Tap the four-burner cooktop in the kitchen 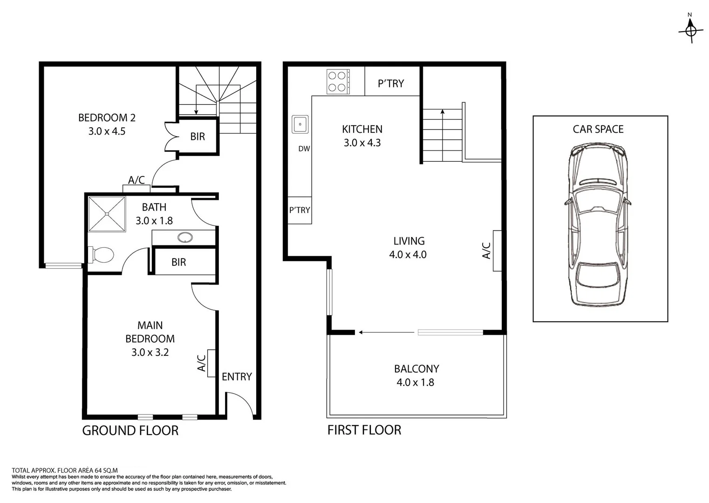[338, 82]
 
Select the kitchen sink [300, 124]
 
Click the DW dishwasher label [304, 149]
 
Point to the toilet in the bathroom [102, 255]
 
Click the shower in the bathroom [107, 214]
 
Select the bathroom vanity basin [185, 238]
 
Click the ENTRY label [237, 377]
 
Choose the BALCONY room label [416, 369]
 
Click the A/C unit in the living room [497, 251]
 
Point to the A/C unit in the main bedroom [211, 363]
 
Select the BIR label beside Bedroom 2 [198, 136]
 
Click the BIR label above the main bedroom [178, 262]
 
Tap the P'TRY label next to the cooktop [391, 83]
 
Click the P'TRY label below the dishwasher [300, 210]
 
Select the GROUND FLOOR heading [130, 431]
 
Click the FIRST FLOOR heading [364, 430]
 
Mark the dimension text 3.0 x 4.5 [107, 131]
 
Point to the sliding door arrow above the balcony [386, 333]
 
